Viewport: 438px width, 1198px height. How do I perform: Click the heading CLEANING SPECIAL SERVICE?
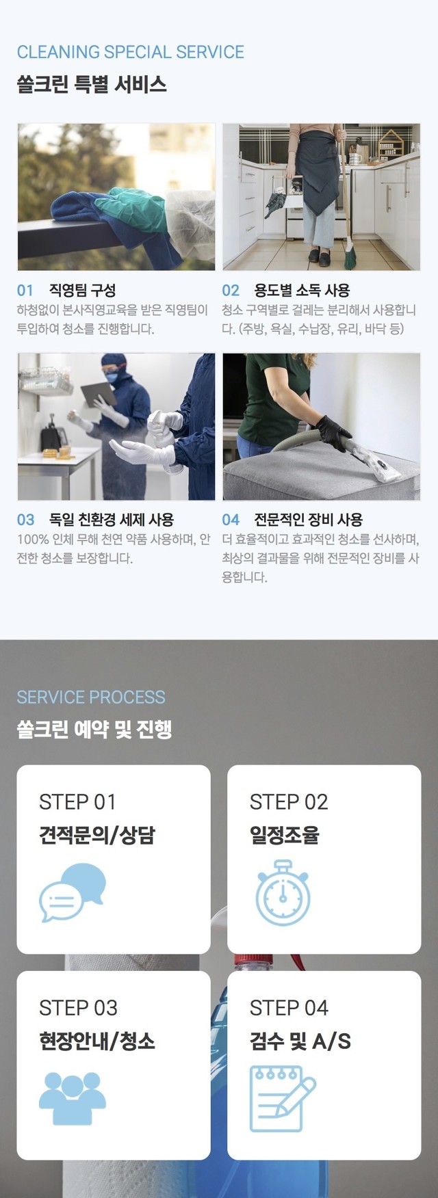[x=130, y=52]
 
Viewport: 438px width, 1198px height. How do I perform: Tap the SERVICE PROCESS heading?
[x=91, y=697]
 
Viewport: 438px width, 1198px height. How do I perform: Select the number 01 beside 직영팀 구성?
[x=25, y=291]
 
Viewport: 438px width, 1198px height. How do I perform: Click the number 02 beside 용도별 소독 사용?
[x=231, y=291]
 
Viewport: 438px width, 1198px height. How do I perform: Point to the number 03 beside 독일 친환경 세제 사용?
[x=25, y=520]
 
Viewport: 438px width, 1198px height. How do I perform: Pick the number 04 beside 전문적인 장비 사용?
[x=231, y=520]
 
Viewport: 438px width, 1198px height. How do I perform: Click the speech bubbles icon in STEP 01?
[x=73, y=892]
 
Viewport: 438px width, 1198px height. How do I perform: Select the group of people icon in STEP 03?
[x=73, y=1099]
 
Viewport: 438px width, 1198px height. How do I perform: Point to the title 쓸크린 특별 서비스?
[x=92, y=85]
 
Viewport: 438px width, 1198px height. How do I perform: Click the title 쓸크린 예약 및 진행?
[x=94, y=730]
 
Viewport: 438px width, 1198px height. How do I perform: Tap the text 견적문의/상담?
[x=97, y=835]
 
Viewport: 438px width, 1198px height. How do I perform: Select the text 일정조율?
[x=284, y=835]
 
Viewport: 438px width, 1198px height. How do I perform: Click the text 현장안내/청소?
[x=97, y=1041]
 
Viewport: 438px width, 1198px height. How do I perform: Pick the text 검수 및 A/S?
[x=300, y=1041]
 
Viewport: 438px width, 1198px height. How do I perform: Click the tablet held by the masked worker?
[x=100, y=395]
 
